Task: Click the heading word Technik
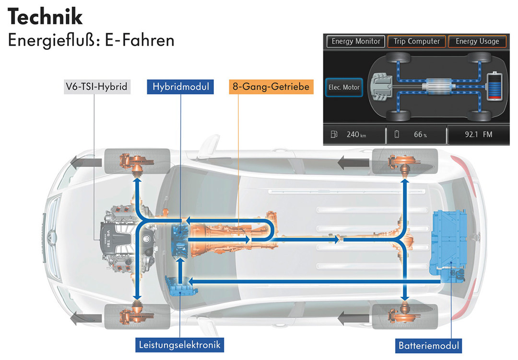(x=45, y=17)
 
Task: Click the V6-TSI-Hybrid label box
(x=97, y=87)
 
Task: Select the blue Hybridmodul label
(x=180, y=87)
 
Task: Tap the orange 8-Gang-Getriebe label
(x=271, y=87)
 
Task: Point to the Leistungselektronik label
(x=179, y=345)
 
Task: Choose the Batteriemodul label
(x=428, y=346)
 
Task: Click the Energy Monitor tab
(x=355, y=41)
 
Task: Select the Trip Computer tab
(x=416, y=41)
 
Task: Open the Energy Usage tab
(x=477, y=41)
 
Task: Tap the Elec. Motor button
(x=343, y=88)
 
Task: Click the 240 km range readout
(x=356, y=134)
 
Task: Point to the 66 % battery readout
(x=420, y=134)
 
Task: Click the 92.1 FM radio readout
(x=478, y=134)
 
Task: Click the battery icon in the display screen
(x=494, y=86)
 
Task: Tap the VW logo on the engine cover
(x=146, y=239)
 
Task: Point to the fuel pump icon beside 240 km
(x=334, y=134)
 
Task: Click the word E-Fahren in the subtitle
(x=140, y=41)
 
